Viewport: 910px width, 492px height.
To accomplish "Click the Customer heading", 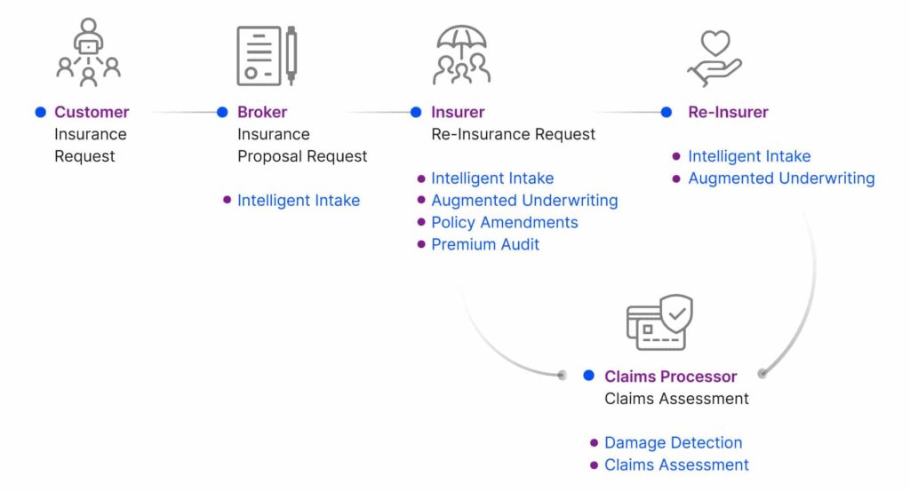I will click(92, 112).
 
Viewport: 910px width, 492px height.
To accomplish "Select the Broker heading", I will click(262, 112).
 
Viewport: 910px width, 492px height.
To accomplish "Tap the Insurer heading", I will click(458, 112).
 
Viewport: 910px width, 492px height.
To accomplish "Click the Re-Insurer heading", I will click(728, 112).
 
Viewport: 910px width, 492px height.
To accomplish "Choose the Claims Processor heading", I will click(670, 377).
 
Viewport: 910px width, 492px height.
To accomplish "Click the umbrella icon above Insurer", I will click(461, 54).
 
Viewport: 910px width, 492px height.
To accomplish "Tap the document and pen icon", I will click(266, 55).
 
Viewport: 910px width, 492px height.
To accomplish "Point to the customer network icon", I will click(89, 52).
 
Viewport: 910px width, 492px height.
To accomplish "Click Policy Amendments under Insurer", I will click(504, 222).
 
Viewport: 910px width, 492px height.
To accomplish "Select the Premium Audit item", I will click(485, 244).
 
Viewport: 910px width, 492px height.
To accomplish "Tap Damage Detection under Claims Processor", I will click(673, 442).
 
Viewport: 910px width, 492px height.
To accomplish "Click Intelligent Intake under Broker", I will click(298, 201).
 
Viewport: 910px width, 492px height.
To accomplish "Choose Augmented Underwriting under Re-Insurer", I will click(780, 179).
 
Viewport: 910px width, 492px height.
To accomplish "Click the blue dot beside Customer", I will click(41, 112).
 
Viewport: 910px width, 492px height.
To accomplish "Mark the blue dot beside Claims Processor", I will click(588, 376).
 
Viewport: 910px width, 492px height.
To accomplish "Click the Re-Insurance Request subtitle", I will click(513, 134).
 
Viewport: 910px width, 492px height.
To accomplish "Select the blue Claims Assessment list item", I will click(676, 464).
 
